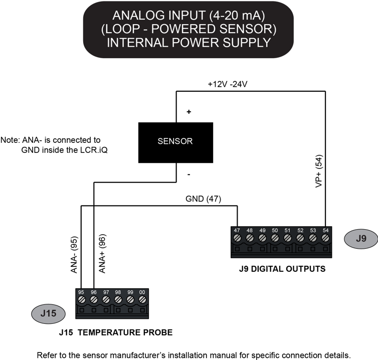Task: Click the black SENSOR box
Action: [x=175, y=141]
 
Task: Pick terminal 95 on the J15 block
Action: [x=81, y=299]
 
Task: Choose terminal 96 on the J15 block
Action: [x=94, y=299]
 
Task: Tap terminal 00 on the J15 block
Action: [x=142, y=299]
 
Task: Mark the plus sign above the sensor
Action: [x=189, y=112]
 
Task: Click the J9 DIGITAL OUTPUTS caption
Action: [x=282, y=268]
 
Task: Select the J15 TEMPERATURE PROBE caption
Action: [x=115, y=332]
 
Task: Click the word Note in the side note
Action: [x=10, y=140]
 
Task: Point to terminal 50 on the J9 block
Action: [x=275, y=237]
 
